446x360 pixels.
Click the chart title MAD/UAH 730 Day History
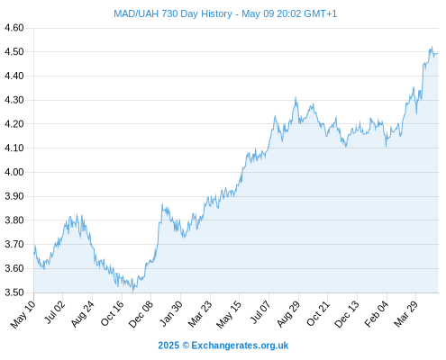(x=173, y=13)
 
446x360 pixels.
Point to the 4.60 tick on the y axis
(x=14, y=28)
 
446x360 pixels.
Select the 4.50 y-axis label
(x=14, y=52)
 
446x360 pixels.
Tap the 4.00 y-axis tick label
(x=14, y=172)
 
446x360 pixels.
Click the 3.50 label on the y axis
(x=14, y=292)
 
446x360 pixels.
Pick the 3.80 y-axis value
(x=14, y=220)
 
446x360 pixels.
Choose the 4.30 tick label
(x=14, y=100)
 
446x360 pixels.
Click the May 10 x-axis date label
(x=23, y=314)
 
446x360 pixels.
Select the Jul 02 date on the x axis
(x=54, y=312)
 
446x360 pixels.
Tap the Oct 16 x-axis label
(x=112, y=313)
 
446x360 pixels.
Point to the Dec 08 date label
(x=141, y=314)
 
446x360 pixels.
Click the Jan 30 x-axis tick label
(x=171, y=313)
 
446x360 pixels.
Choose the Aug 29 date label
(x=288, y=314)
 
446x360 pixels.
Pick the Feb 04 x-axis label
(x=377, y=314)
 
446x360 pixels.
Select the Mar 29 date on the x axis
(x=405, y=314)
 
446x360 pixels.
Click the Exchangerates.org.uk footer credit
(x=240, y=346)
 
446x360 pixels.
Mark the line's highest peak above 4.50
(x=432, y=46)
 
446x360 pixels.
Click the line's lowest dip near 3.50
(x=132, y=292)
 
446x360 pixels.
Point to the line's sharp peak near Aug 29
(x=296, y=97)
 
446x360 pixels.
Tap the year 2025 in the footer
(x=168, y=346)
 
